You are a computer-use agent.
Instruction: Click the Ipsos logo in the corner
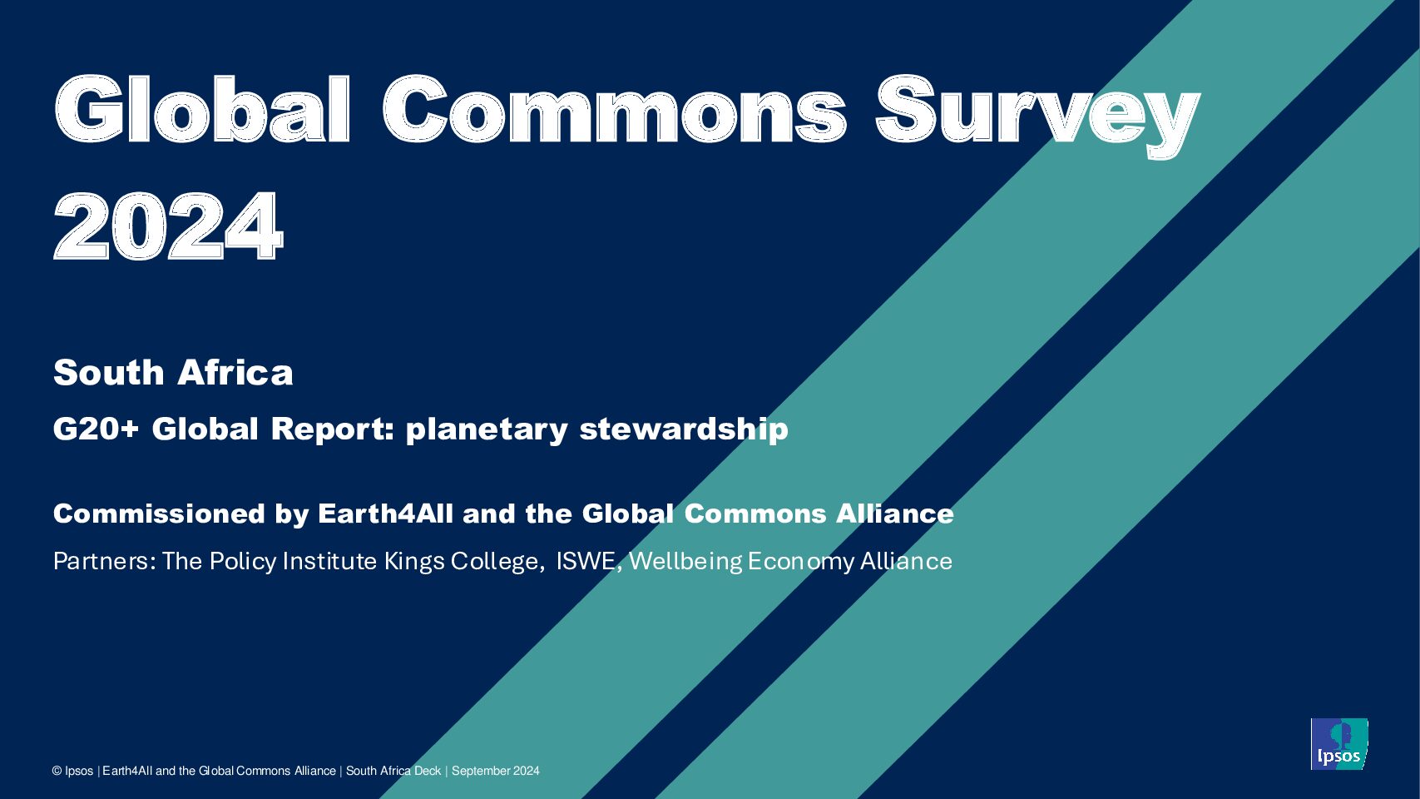tap(1338, 744)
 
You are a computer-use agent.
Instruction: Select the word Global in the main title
tap(202, 108)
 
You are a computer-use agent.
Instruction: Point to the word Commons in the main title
tap(614, 108)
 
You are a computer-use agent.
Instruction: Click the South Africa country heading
tap(173, 372)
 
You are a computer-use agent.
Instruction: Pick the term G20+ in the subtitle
tap(96, 429)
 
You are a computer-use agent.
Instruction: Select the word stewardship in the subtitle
tap(684, 429)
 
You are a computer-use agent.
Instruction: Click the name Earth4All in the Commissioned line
tap(385, 514)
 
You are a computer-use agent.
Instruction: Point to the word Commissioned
tap(159, 514)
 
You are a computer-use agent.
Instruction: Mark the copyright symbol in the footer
tap(57, 771)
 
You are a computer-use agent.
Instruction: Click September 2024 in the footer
tap(495, 771)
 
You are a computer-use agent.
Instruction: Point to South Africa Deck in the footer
tap(393, 771)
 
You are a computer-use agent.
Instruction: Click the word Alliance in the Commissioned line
tap(894, 514)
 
